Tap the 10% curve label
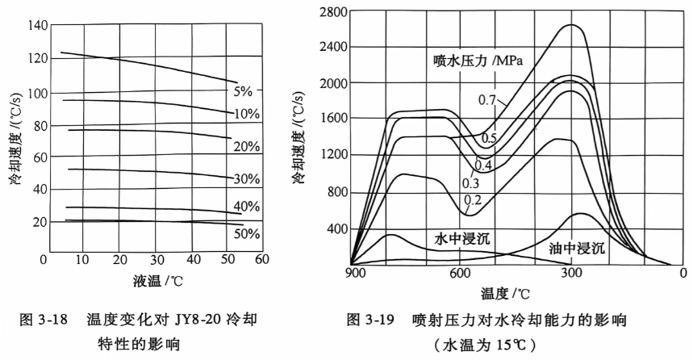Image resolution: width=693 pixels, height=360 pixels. pyautogui.click(x=247, y=114)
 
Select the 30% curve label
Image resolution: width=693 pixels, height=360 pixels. pyautogui.click(x=247, y=178)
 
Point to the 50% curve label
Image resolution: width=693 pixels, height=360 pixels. pyautogui.click(x=247, y=234)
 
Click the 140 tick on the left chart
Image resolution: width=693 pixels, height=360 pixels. pyautogui.click(x=37, y=25)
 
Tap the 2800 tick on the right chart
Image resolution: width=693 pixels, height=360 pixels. pyautogui.click(x=332, y=11)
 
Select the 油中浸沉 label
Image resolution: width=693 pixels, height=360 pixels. pyautogui.click(x=577, y=249)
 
